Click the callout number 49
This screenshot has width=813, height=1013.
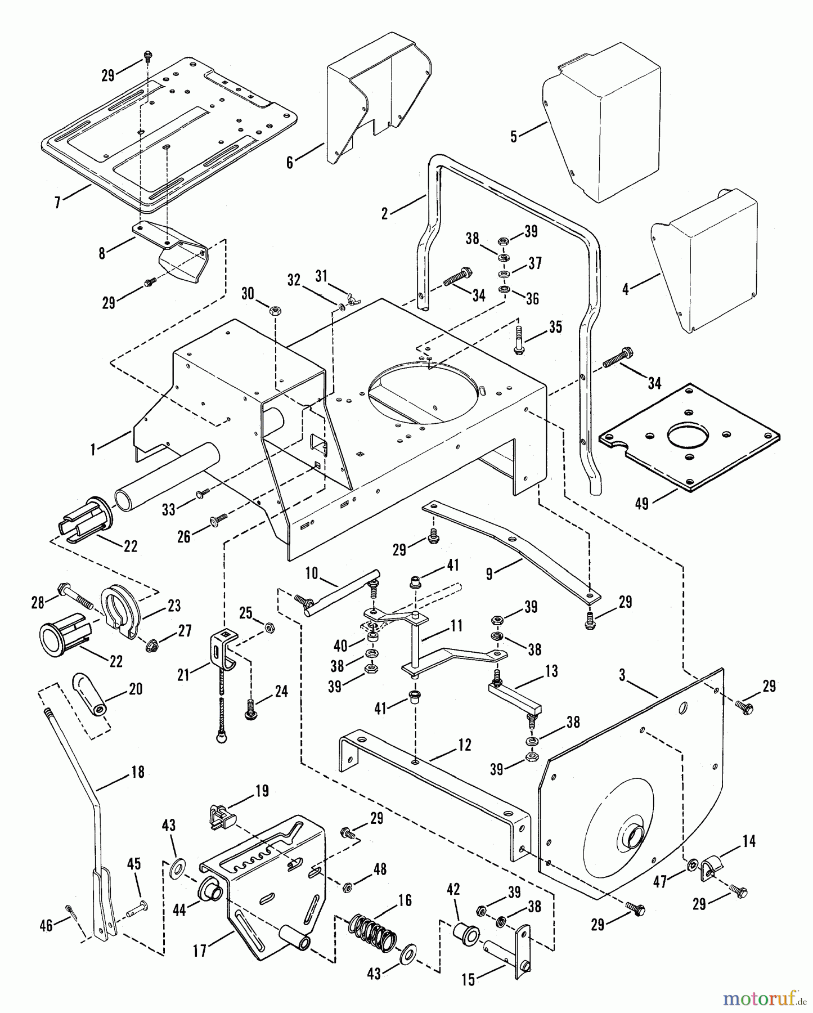tap(641, 503)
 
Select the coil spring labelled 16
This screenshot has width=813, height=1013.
tap(372, 935)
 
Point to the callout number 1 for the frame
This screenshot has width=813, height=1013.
tap(94, 448)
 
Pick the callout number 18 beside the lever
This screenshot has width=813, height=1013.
tap(290, 163)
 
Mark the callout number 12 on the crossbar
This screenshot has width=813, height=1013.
tap(464, 745)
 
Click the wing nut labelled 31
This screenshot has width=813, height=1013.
tap(353, 299)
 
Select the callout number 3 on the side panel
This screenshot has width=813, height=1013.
tap(623, 675)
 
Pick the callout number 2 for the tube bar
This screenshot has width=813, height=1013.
tap(385, 214)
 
